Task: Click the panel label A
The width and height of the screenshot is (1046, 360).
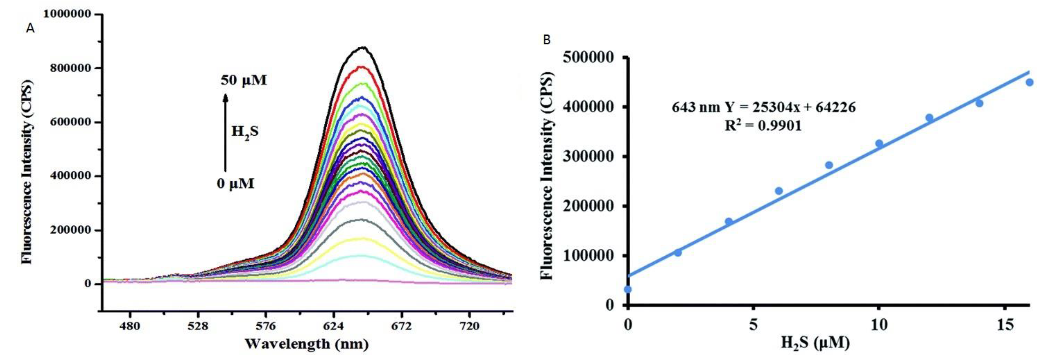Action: point(30,29)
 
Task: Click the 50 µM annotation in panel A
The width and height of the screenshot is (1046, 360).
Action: point(244,80)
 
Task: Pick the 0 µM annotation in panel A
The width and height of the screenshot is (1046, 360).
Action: point(236,183)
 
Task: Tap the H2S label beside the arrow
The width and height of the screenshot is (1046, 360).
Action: point(245,131)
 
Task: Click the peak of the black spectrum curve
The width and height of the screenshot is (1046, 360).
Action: point(363,48)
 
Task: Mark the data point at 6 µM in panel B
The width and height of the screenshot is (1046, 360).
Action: point(779,191)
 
